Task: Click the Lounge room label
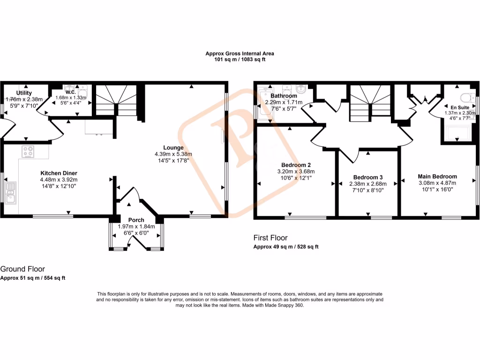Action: (173, 147)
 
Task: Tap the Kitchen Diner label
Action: (59, 173)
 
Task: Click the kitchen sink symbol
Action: (10, 193)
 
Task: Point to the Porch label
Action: (136, 220)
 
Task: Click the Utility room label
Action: (24, 93)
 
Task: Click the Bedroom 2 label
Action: (296, 165)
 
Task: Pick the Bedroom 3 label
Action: (368, 177)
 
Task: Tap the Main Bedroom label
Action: (437, 176)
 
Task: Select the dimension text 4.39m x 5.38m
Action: (173, 154)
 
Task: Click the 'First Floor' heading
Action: (270, 238)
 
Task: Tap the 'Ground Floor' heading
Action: (22, 269)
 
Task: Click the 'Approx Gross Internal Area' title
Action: (240, 53)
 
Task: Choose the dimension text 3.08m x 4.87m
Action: (437, 183)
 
